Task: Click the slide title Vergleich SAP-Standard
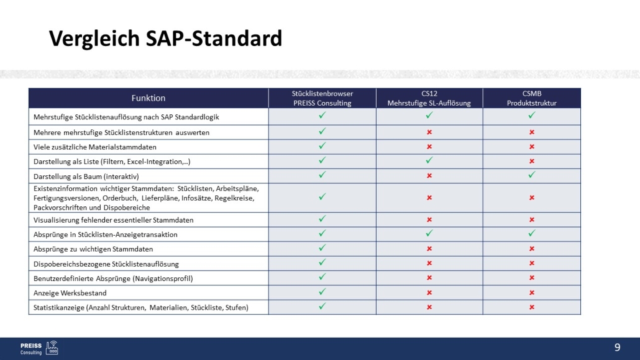point(165,39)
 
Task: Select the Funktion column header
point(149,98)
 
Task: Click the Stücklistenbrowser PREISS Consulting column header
point(322,98)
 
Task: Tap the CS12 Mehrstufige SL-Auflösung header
point(429,98)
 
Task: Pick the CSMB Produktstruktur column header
point(532,98)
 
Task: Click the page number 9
point(617,348)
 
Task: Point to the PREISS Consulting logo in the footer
point(39,348)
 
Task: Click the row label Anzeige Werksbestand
point(70,292)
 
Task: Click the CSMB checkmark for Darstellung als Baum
point(532,175)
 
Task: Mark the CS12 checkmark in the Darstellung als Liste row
point(429,161)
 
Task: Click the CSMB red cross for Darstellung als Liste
point(532,161)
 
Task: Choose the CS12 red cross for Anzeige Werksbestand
point(429,292)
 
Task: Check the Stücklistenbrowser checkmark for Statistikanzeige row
point(322,307)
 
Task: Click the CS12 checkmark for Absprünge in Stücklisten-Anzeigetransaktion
point(429,234)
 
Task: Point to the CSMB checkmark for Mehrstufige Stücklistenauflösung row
point(532,116)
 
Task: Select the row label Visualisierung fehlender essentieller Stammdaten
point(113,219)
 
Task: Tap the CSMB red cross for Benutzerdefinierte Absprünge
point(532,278)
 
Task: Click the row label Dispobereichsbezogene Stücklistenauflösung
point(106,264)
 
